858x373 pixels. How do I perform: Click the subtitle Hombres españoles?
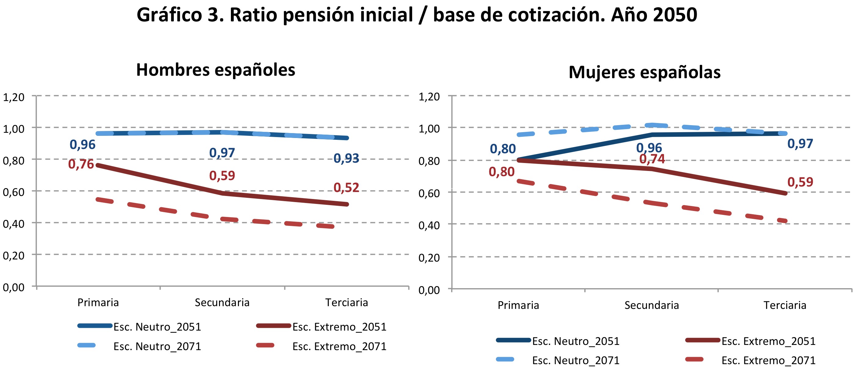tap(216, 70)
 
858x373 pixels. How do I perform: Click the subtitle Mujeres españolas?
tap(644, 72)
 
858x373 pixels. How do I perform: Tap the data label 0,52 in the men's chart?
tap(346, 188)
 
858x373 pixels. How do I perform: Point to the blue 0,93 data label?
tap(346, 158)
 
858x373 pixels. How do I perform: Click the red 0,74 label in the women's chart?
tap(652, 159)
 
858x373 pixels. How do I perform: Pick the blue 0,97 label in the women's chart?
tap(800, 144)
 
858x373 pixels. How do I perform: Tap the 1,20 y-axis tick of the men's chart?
tap(14, 97)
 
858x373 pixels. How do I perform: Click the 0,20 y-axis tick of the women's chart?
tap(429, 258)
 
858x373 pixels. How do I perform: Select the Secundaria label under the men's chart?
tap(222, 302)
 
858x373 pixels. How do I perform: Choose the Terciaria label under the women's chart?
tap(784, 305)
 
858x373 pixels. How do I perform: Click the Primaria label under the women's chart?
tap(518, 305)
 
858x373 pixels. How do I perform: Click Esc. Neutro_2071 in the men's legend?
tap(157, 346)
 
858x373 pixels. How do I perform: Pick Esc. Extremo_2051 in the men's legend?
tap(339, 327)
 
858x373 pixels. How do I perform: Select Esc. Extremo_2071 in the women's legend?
tap(768, 360)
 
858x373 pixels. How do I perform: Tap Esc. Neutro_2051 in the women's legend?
tap(575, 341)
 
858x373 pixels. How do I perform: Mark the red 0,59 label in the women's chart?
tap(800, 182)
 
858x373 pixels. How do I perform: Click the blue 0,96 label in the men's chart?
tap(82, 144)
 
